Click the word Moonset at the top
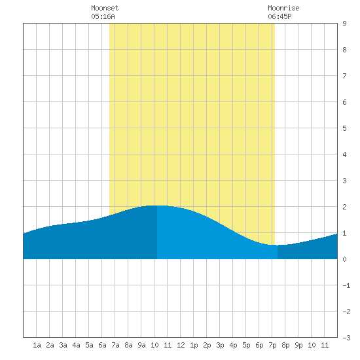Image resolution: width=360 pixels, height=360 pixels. (x=105, y=8)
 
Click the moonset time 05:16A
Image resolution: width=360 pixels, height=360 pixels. (x=103, y=16)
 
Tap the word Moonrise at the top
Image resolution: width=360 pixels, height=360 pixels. (x=283, y=8)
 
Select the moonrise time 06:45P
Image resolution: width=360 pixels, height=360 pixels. (x=279, y=16)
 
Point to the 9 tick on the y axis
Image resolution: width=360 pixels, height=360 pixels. (x=344, y=24)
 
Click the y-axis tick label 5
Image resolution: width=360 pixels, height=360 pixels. (x=344, y=128)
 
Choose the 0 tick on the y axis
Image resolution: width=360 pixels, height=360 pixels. (x=344, y=259)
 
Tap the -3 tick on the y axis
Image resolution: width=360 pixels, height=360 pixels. (x=346, y=338)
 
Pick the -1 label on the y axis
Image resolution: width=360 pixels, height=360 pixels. (x=346, y=285)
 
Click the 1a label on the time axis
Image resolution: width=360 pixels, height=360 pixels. (x=37, y=345)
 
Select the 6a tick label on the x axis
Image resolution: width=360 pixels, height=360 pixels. (x=102, y=345)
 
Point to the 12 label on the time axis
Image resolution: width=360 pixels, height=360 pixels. (x=181, y=345)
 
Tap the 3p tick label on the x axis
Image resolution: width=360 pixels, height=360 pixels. (x=220, y=345)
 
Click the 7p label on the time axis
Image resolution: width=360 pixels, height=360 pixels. (x=272, y=345)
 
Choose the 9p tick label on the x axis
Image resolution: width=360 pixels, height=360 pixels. (x=298, y=345)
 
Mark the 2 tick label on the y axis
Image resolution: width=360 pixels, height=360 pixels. (x=344, y=207)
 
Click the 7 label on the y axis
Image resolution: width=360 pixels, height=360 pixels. (x=344, y=76)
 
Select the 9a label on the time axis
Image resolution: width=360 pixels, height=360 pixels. (x=141, y=345)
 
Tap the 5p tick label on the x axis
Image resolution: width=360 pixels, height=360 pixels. (x=246, y=345)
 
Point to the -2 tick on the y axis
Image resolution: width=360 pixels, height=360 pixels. (x=346, y=312)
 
